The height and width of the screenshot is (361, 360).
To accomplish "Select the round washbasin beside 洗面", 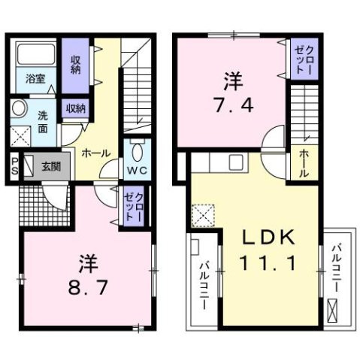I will click(x=18, y=109).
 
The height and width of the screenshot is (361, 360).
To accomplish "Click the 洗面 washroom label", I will click(x=44, y=121).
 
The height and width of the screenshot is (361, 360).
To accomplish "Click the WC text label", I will click(x=136, y=171).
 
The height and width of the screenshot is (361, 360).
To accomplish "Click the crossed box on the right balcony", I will click(x=334, y=308).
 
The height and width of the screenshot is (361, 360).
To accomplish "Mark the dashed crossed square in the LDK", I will click(x=202, y=216).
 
